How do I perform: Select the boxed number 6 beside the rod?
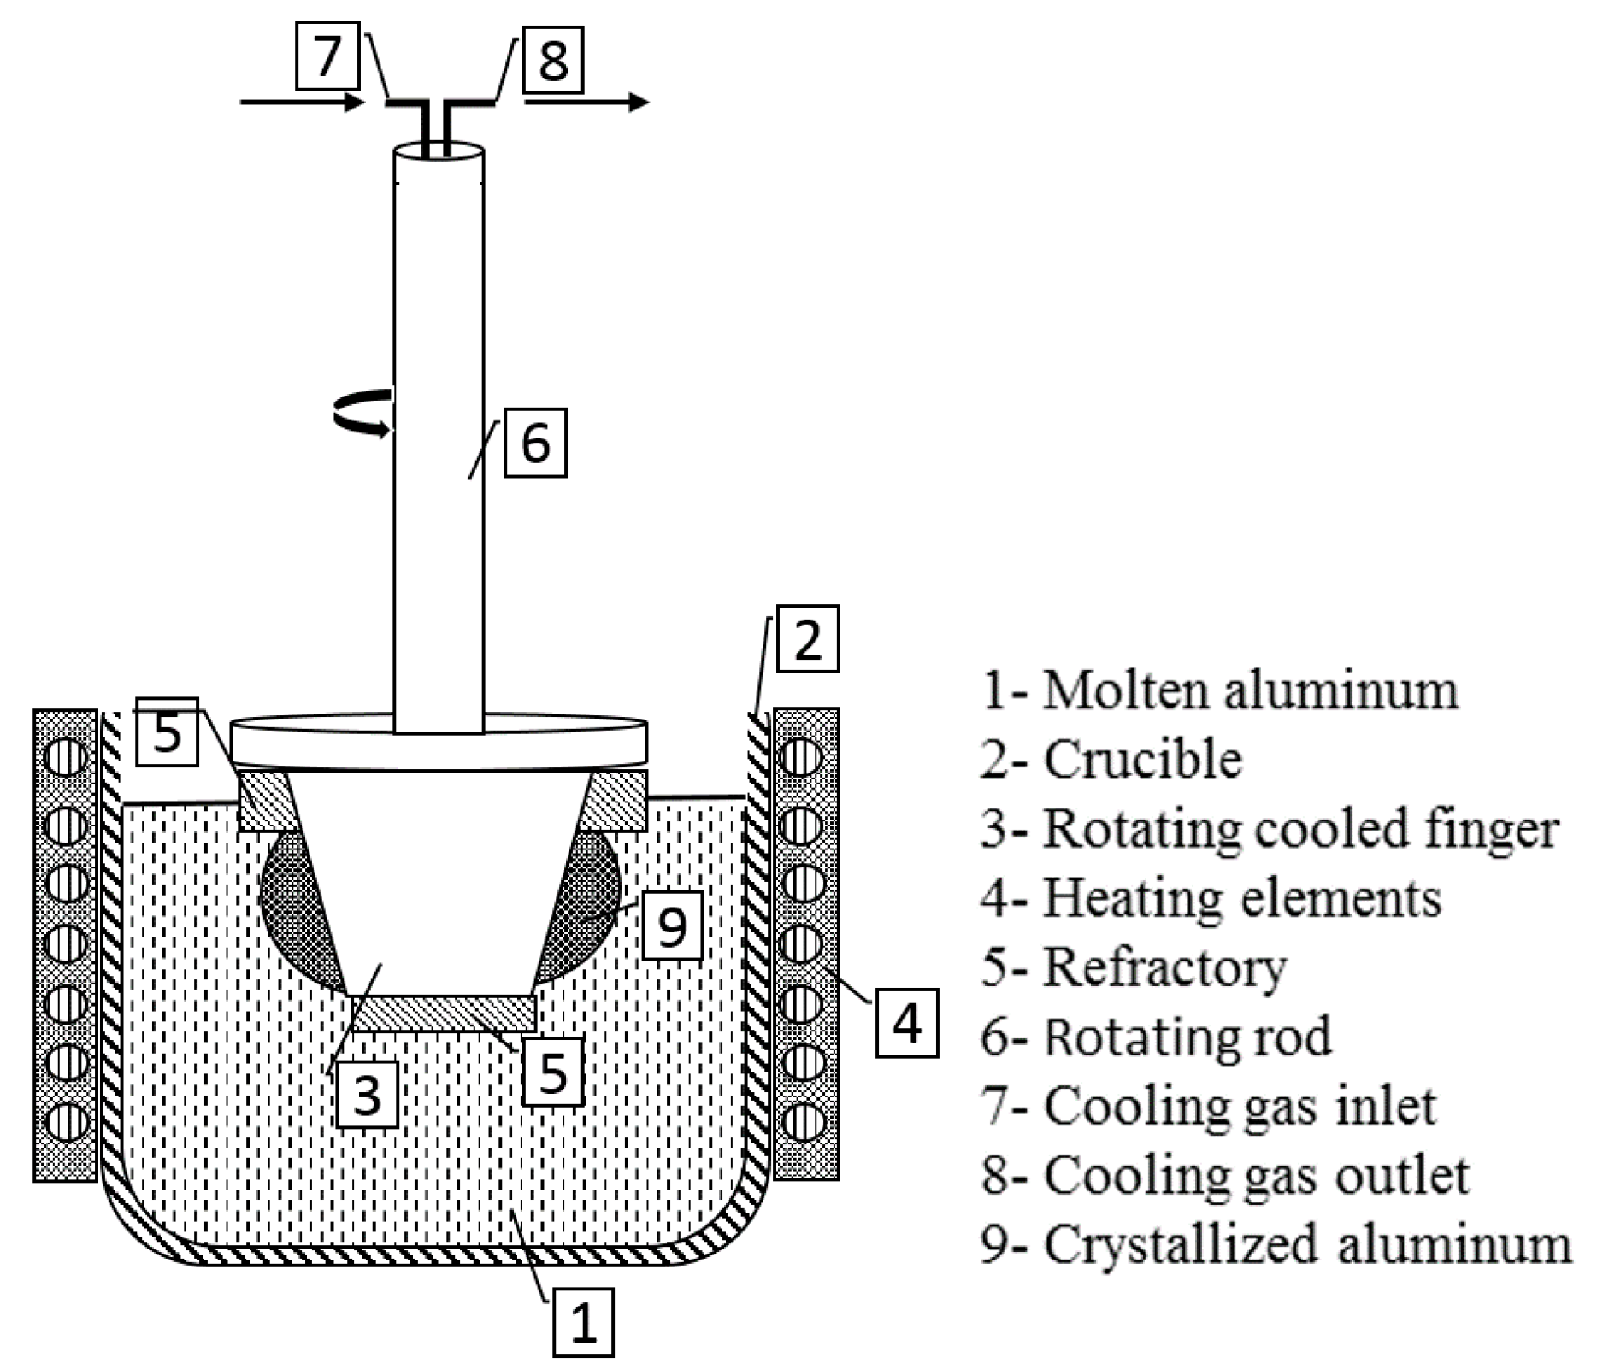(x=535, y=443)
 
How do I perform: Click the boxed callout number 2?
(x=807, y=639)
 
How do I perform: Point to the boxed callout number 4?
(x=906, y=1023)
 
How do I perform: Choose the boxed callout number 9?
(x=672, y=925)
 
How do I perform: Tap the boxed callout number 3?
(x=367, y=1095)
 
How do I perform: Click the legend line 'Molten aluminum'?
(x=1219, y=690)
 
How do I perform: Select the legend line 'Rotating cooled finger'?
(x=1270, y=829)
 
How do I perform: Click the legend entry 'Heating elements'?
(x=1211, y=898)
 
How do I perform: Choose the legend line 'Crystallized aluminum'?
(x=1276, y=1244)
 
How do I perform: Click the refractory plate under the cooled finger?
(x=443, y=1014)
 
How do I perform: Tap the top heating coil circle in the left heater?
(x=66, y=756)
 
